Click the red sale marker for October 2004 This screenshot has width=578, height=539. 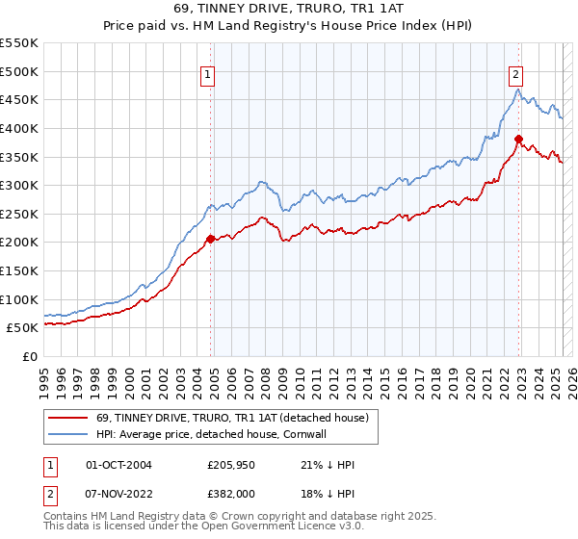pyautogui.click(x=210, y=238)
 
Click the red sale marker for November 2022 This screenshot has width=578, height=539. pyautogui.click(x=518, y=138)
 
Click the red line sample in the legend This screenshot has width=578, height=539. pyautogui.click(x=68, y=418)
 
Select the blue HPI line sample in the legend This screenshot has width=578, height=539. pyautogui.click(x=68, y=435)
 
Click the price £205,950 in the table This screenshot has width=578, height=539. pyautogui.click(x=232, y=465)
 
